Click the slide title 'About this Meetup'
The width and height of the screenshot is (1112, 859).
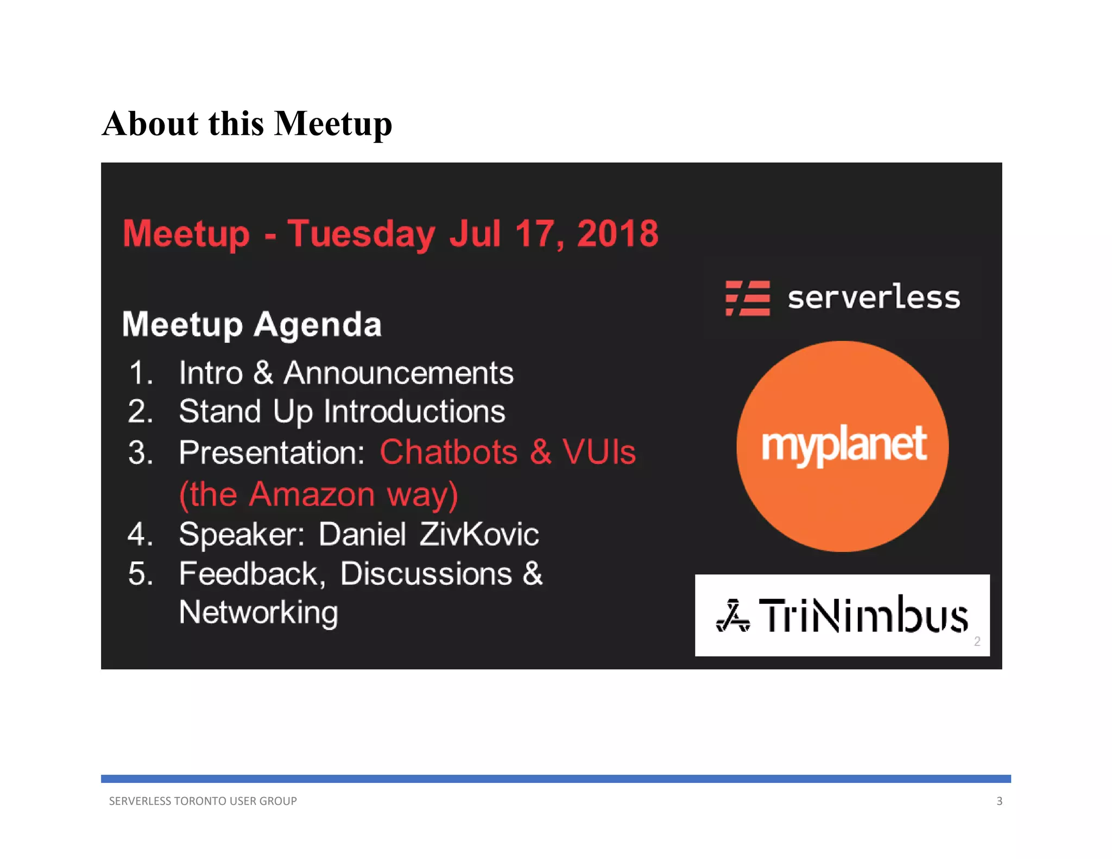point(247,124)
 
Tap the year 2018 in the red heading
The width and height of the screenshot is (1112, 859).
point(617,234)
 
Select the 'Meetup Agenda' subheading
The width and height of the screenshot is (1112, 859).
point(252,324)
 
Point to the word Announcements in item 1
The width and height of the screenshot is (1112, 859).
point(399,373)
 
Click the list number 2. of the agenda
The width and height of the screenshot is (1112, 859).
point(140,411)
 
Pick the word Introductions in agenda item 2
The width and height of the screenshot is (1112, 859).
point(415,411)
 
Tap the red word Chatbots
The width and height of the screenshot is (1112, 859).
point(448,452)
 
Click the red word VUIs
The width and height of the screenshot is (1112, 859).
point(599,452)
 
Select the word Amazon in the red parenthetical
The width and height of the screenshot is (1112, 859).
point(312,494)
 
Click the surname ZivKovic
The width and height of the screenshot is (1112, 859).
point(479,534)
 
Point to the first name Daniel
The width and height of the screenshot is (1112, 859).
point(362,534)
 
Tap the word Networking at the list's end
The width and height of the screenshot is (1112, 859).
point(258,612)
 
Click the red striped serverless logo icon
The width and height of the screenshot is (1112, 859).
point(748,298)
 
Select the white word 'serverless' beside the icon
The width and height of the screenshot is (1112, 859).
point(874,298)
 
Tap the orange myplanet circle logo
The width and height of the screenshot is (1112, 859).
point(842,446)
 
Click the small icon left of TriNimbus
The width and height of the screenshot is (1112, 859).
point(733,616)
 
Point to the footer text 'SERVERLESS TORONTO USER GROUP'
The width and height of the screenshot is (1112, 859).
point(203,801)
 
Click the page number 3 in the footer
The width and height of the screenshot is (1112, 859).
point(999,801)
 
